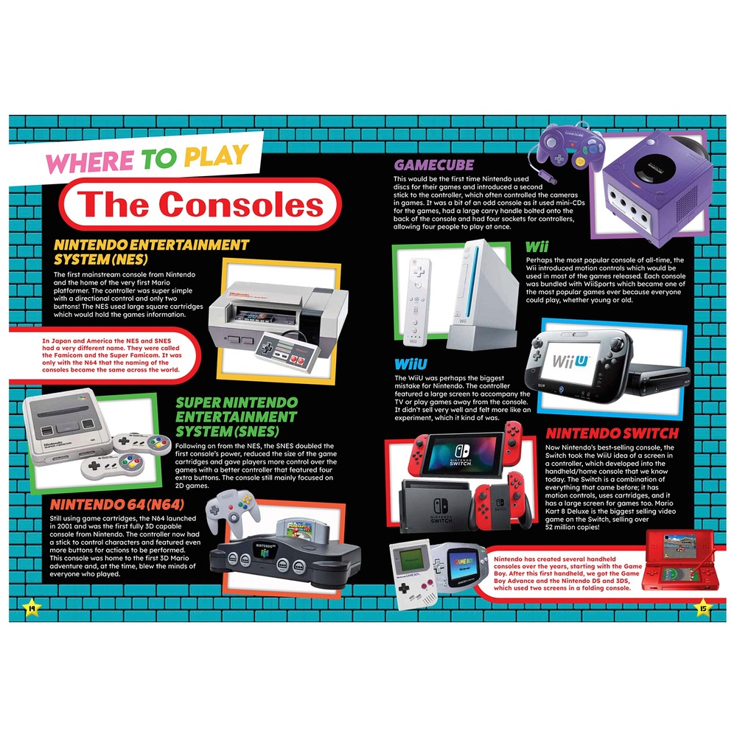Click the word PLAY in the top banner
pyautogui.click(x=216, y=156)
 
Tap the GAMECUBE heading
pyautogui.click(x=434, y=165)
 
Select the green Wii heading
pyautogui.click(x=537, y=247)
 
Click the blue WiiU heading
pyautogui.click(x=411, y=364)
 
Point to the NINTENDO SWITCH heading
pyautogui.click(x=612, y=433)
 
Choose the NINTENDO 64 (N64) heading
pyautogui.click(x=117, y=505)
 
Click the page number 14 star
pyautogui.click(x=32, y=608)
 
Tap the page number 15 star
pyautogui.click(x=703, y=608)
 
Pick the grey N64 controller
pyautogui.click(x=234, y=511)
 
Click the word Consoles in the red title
pyautogui.click(x=241, y=205)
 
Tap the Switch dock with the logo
pyautogui.click(x=436, y=507)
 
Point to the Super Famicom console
pyautogui.click(x=67, y=427)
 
